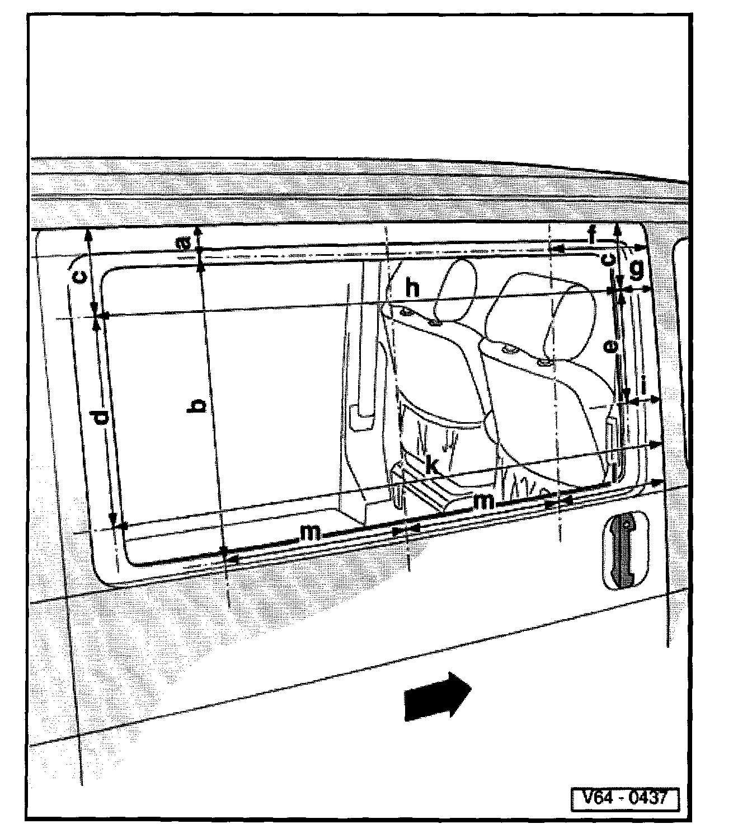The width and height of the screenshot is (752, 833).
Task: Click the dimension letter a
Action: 182,245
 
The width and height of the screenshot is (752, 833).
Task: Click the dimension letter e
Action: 612,347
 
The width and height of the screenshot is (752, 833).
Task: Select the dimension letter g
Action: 637,270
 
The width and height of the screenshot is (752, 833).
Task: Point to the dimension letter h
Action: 413,288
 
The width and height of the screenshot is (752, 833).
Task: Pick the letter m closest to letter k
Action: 483,502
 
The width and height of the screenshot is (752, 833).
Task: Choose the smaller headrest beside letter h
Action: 456,291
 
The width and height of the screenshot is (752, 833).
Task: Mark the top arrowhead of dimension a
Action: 197,231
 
